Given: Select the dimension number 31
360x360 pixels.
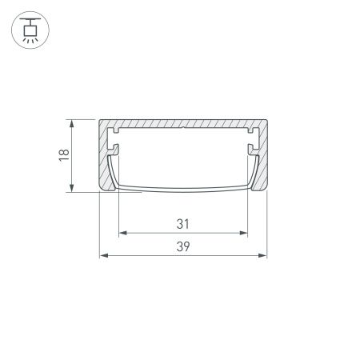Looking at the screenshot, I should click(182, 222).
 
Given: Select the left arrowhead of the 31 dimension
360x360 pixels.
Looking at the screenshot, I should click(122, 234).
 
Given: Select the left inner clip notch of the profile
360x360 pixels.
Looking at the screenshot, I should click(114, 149).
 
